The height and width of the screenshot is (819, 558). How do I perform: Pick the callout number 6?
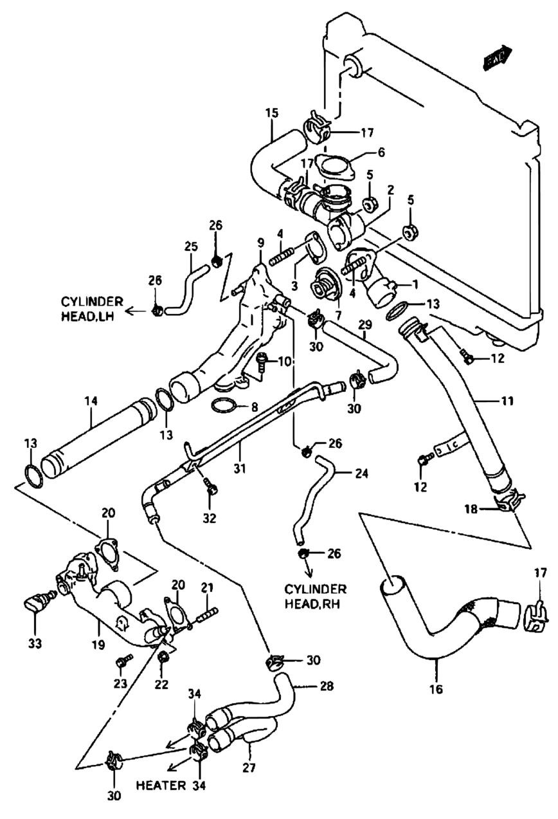pos(381,152)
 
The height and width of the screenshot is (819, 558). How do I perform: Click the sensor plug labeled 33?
pos(35,604)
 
